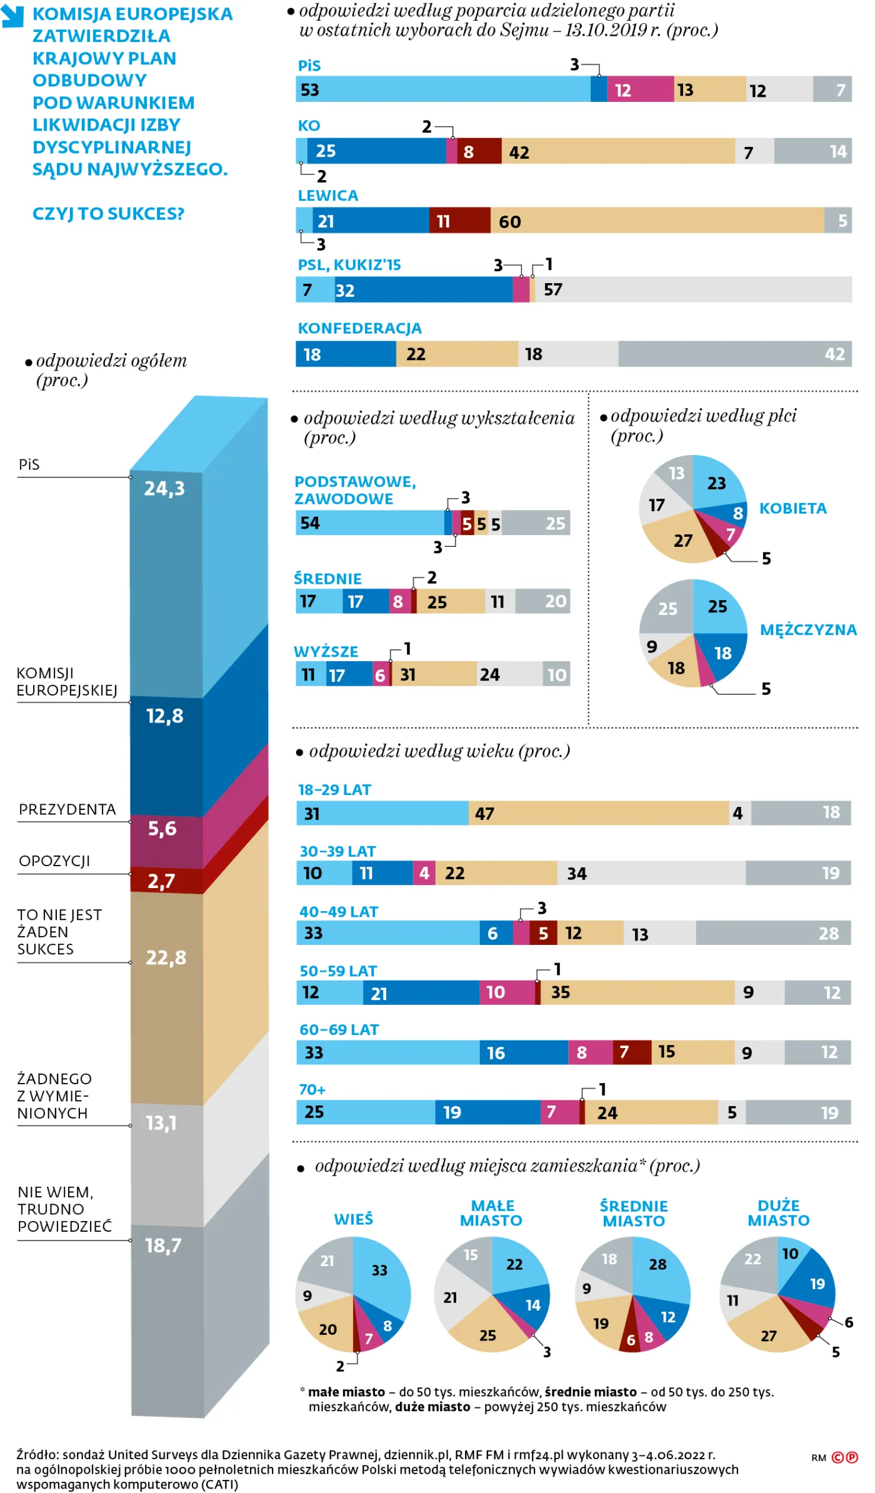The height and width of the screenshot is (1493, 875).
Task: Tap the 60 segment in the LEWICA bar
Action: coord(656,221)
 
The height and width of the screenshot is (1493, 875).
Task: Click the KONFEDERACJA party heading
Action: coord(359,328)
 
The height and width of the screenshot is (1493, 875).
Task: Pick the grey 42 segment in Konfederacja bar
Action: coord(734,354)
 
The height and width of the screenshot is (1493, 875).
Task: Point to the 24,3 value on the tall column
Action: coord(164,488)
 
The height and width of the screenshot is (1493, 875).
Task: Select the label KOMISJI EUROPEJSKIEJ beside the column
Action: coord(66,682)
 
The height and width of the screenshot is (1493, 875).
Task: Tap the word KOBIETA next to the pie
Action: coord(792,508)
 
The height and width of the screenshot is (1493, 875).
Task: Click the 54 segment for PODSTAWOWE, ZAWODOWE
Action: coord(369,523)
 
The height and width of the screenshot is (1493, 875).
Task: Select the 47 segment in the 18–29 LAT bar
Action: coord(597,813)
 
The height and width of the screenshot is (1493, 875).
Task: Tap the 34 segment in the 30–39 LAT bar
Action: coord(650,873)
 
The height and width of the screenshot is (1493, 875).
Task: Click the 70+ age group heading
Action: coord(312,1090)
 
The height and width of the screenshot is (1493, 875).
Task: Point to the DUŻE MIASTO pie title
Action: coord(778,1213)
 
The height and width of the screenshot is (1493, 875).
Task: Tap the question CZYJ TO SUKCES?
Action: coord(108,214)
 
